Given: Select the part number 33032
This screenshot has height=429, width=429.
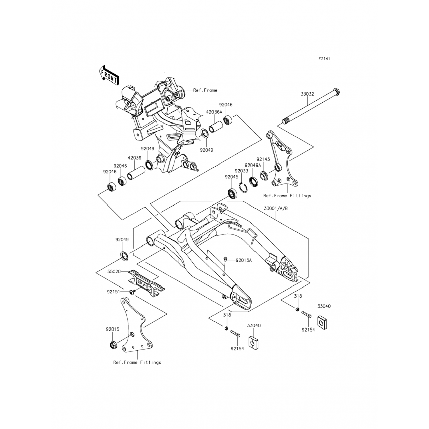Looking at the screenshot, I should [x=307, y=94].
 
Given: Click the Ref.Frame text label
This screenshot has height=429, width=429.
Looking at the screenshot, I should [x=205, y=90].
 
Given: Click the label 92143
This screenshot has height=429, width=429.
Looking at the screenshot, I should [x=263, y=159].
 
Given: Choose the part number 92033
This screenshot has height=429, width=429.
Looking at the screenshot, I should [x=242, y=171].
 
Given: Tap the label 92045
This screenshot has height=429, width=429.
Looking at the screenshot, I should [x=231, y=177].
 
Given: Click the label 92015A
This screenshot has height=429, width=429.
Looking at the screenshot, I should [x=244, y=260].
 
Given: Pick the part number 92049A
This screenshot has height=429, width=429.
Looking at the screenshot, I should [x=253, y=165].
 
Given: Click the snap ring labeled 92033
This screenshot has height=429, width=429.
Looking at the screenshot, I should [x=243, y=188].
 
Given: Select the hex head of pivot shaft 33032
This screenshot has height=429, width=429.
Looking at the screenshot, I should [x=337, y=92].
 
